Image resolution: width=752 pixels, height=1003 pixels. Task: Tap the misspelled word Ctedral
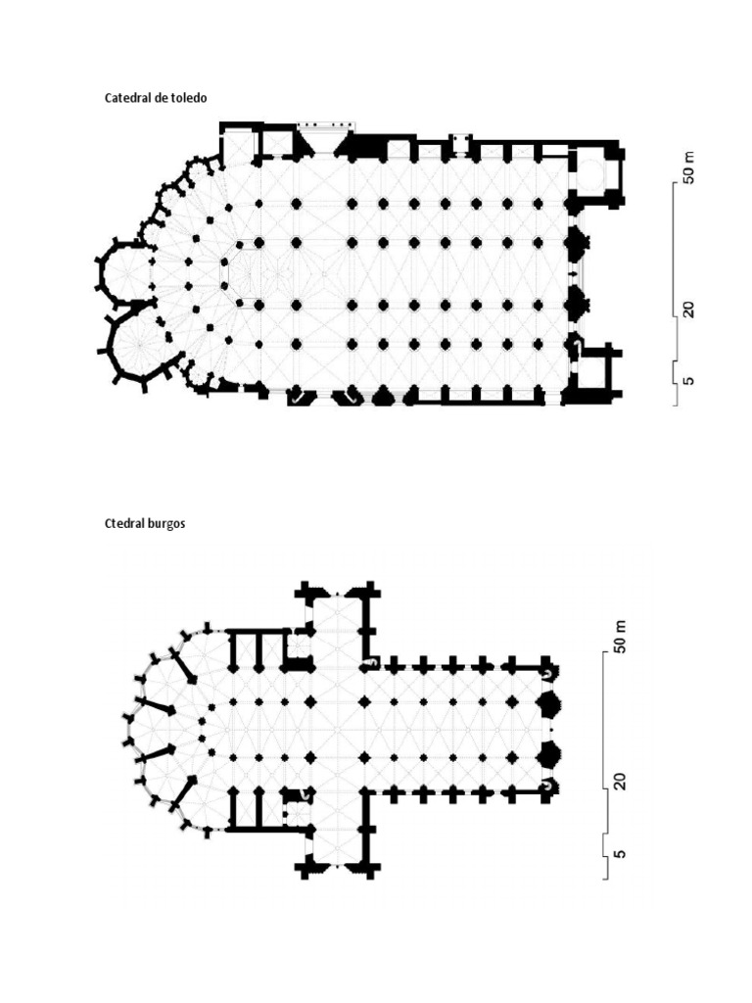[125, 523]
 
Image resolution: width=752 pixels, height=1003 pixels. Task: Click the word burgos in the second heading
[167, 524]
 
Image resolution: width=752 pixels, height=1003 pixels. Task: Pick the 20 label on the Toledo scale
[689, 310]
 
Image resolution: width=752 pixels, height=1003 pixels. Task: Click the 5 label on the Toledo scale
[689, 377]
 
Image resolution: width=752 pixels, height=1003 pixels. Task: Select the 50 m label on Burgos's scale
[618, 637]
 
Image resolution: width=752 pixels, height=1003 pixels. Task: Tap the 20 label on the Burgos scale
[618, 782]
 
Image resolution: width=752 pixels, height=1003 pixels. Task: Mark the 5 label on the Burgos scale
[618, 854]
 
